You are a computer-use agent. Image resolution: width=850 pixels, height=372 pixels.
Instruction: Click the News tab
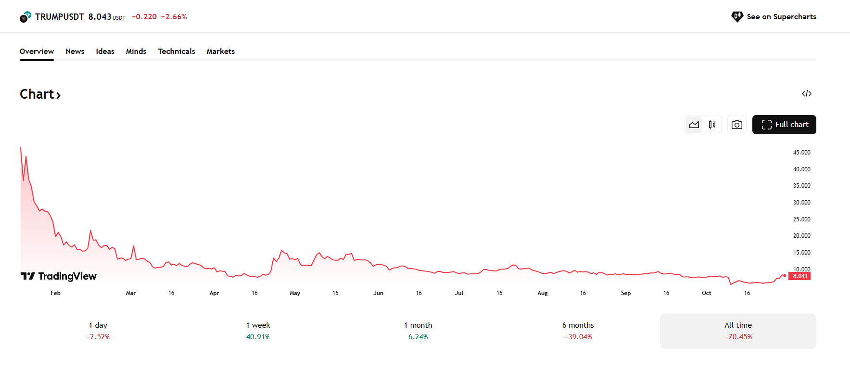point(75,51)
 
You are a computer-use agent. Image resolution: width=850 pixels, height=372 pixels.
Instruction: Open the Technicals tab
point(177,51)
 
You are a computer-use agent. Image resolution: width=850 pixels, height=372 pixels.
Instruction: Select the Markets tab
point(221,51)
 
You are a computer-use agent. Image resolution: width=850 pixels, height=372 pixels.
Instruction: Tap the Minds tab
point(136,51)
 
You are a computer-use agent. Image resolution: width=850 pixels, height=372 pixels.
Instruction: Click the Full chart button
point(784,125)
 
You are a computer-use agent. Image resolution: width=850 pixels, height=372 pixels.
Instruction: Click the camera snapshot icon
point(737,125)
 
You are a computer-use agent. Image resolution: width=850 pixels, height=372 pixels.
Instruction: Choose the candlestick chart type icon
point(712,125)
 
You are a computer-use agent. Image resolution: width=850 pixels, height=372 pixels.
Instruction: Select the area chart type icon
point(694,125)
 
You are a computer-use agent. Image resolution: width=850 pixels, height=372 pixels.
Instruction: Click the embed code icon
point(807,93)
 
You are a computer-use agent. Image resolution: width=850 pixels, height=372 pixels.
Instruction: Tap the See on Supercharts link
point(774,17)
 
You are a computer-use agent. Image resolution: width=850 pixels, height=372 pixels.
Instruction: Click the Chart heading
point(40,94)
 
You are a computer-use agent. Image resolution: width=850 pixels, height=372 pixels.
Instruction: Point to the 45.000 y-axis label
point(801,153)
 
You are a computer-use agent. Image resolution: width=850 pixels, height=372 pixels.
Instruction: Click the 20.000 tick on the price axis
point(801,236)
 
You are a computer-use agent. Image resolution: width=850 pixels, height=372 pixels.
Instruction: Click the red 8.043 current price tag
point(800,276)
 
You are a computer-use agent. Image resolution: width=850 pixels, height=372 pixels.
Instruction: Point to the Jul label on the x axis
point(459,293)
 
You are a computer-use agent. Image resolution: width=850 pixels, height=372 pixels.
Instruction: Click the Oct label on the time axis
point(706,293)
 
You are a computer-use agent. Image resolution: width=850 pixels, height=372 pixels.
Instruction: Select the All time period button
point(738,331)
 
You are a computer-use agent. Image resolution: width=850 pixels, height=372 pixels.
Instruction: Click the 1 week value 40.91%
point(258,337)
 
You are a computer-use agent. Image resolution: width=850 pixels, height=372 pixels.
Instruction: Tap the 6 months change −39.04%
point(578,337)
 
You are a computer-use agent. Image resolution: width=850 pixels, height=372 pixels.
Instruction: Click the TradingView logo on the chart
point(58,276)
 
